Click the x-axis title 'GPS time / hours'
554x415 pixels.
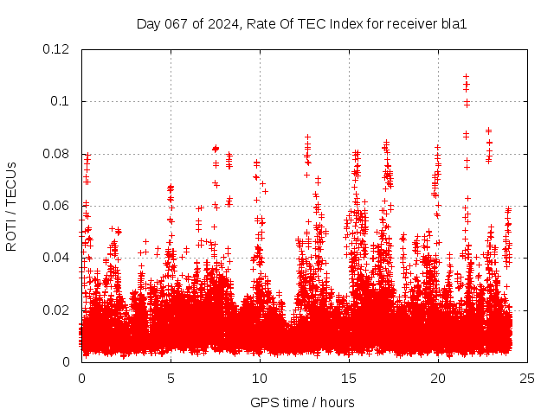tap(302, 402)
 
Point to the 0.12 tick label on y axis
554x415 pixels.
tap(57, 49)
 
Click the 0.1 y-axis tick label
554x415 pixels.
tap(62, 101)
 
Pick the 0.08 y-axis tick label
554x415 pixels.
tap(57, 154)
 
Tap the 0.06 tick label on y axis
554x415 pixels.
tap(57, 206)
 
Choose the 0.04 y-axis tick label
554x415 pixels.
tap(57, 258)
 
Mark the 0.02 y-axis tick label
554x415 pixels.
tap(57, 310)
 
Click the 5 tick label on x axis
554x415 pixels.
tap(171, 378)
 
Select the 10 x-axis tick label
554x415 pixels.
tap(260, 378)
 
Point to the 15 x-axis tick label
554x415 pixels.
tap(349, 378)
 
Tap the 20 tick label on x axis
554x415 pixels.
tap(438, 378)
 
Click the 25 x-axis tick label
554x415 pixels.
tap(527, 378)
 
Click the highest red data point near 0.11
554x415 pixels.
tap(467, 76)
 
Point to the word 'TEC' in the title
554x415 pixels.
tap(309, 23)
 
